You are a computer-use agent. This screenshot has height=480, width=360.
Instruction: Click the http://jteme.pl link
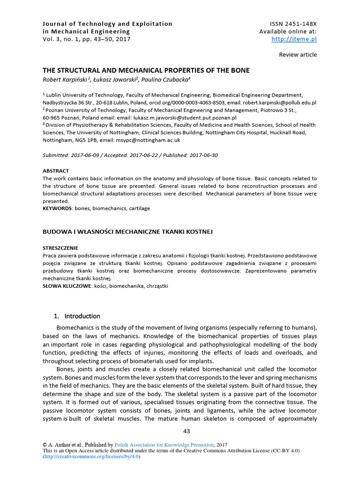pyautogui.click(x=294, y=39)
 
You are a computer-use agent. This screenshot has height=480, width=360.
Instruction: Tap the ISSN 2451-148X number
pyautogui.click(x=293, y=23)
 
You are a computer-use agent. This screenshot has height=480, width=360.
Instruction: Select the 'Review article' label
pyautogui.click(x=298, y=55)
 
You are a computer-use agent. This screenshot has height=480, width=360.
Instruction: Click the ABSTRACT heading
pyautogui.click(x=56, y=171)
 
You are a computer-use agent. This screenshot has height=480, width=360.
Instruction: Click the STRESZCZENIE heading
pyautogui.click(x=60, y=248)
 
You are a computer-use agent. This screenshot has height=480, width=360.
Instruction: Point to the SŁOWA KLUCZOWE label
pyautogui.click(x=66, y=285)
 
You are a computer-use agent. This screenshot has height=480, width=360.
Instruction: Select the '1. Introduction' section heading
pyautogui.click(x=77, y=316)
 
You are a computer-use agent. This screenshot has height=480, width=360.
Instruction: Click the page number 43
pyautogui.click(x=187, y=431)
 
